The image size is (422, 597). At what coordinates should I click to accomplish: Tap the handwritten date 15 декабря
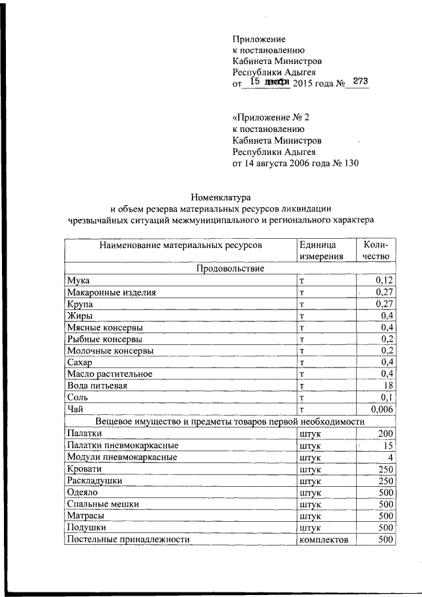coord(266,82)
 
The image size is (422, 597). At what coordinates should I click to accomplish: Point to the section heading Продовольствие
coord(230,268)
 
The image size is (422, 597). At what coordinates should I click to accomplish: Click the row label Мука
coord(78,280)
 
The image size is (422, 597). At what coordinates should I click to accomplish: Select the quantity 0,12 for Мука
coord(384,280)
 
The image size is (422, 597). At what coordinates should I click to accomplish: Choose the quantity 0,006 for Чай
coord(382,409)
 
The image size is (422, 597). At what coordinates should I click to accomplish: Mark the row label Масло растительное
coord(109,374)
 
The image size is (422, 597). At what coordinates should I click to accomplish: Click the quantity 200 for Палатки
coord(386,433)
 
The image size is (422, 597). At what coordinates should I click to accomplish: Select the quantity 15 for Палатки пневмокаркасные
coord(388,445)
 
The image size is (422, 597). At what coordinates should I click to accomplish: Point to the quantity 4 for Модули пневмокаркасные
coord(390,456)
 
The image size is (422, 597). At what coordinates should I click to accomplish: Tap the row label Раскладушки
coord(94,480)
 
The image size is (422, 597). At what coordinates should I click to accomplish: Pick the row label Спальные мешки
coord(103,504)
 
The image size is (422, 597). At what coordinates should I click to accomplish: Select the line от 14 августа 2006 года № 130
coord(295,164)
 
